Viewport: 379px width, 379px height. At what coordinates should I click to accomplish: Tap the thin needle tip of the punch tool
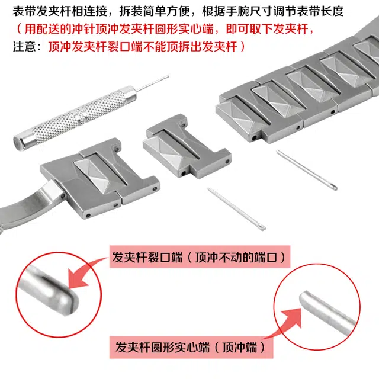point(168,76)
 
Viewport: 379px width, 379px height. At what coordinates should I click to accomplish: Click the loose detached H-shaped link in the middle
point(187,146)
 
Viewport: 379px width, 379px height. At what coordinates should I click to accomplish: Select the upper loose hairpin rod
point(307,170)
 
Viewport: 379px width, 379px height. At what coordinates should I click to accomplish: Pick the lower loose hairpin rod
point(236,208)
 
